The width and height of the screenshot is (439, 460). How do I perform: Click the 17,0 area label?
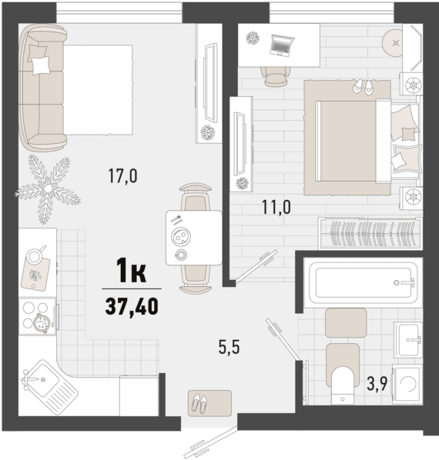(x=122, y=175)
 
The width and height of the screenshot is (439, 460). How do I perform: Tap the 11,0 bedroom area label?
(x=276, y=207)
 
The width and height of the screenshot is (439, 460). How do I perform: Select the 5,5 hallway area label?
(x=229, y=347)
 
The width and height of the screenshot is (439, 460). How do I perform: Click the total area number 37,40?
(x=132, y=306)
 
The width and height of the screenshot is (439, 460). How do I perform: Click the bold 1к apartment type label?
(x=131, y=270)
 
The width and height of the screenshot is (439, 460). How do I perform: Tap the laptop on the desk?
(x=282, y=45)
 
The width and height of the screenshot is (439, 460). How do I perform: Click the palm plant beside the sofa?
(x=48, y=188)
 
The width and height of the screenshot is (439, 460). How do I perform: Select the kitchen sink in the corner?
(x=49, y=387)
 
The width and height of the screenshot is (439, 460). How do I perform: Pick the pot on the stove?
(x=41, y=323)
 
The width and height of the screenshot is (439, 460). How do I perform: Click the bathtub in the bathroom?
(x=363, y=283)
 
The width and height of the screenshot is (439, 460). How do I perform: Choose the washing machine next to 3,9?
(x=407, y=384)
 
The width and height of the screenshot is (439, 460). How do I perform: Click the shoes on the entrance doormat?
(x=199, y=404)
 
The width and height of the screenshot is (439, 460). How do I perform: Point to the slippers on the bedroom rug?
(x=363, y=87)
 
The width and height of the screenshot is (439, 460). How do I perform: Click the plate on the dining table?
(x=181, y=236)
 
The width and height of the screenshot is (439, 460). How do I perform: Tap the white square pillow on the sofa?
(x=41, y=65)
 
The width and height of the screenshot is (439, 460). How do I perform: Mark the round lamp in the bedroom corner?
(x=395, y=43)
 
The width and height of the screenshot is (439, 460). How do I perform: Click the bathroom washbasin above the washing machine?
(x=408, y=339)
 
